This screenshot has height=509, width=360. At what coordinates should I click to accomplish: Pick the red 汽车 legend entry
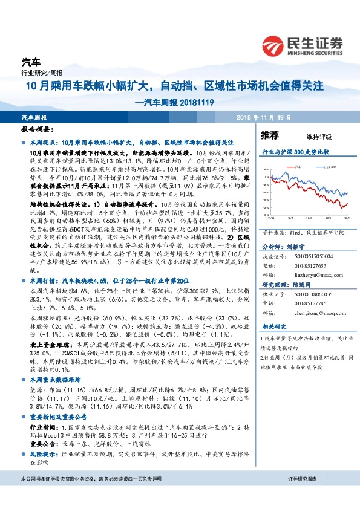pos(300,164)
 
